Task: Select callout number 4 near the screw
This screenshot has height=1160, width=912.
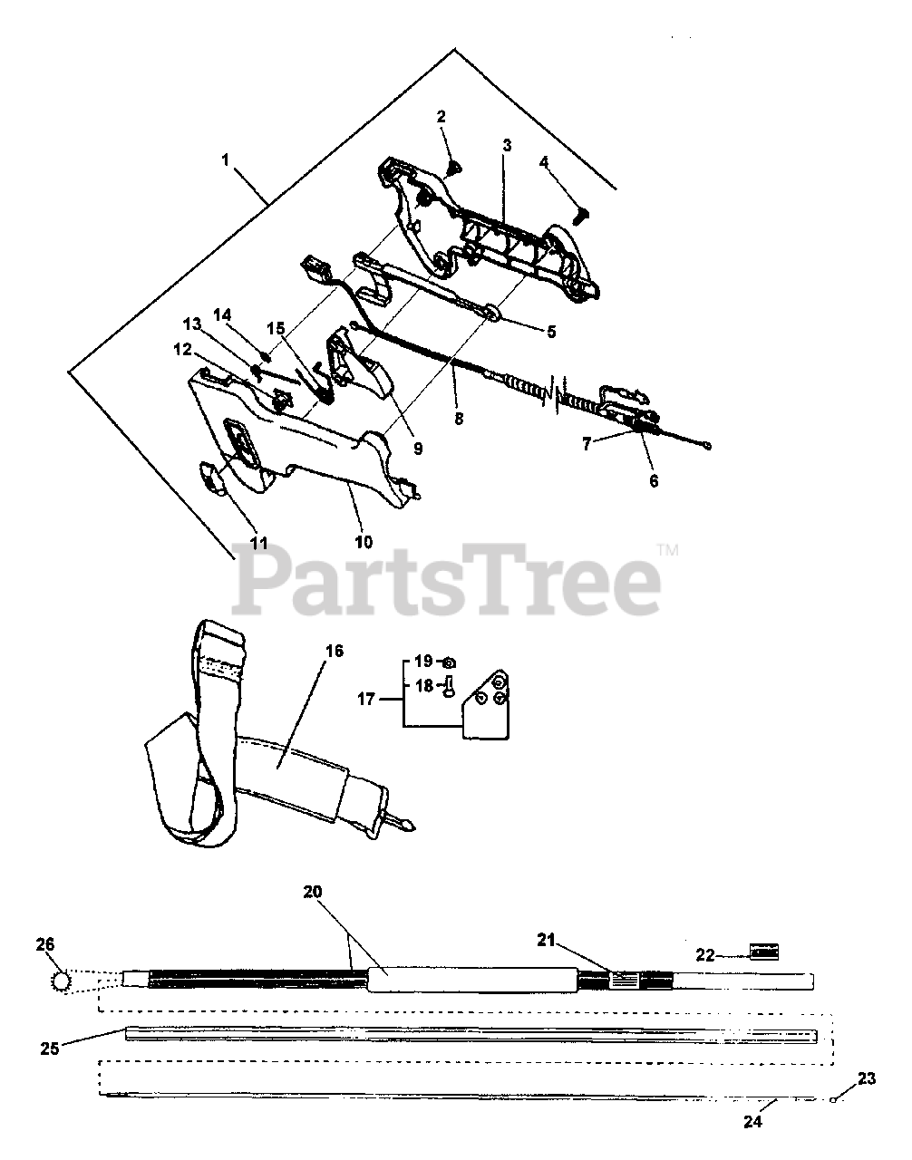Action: (x=543, y=162)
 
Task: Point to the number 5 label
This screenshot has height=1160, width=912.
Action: (x=550, y=332)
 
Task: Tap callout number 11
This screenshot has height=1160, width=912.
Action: (x=259, y=543)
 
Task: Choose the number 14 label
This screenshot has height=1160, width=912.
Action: (x=223, y=314)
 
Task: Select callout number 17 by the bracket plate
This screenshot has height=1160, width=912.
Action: (x=365, y=699)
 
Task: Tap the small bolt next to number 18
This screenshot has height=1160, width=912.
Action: (x=449, y=690)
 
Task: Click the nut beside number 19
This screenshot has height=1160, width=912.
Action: (x=449, y=662)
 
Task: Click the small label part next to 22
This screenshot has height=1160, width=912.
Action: (x=764, y=952)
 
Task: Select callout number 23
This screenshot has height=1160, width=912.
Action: (x=867, y=1078)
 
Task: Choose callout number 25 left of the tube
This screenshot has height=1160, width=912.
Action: (x=51, y=1049)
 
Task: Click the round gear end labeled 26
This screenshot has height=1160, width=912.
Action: (x=62, y=981)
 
